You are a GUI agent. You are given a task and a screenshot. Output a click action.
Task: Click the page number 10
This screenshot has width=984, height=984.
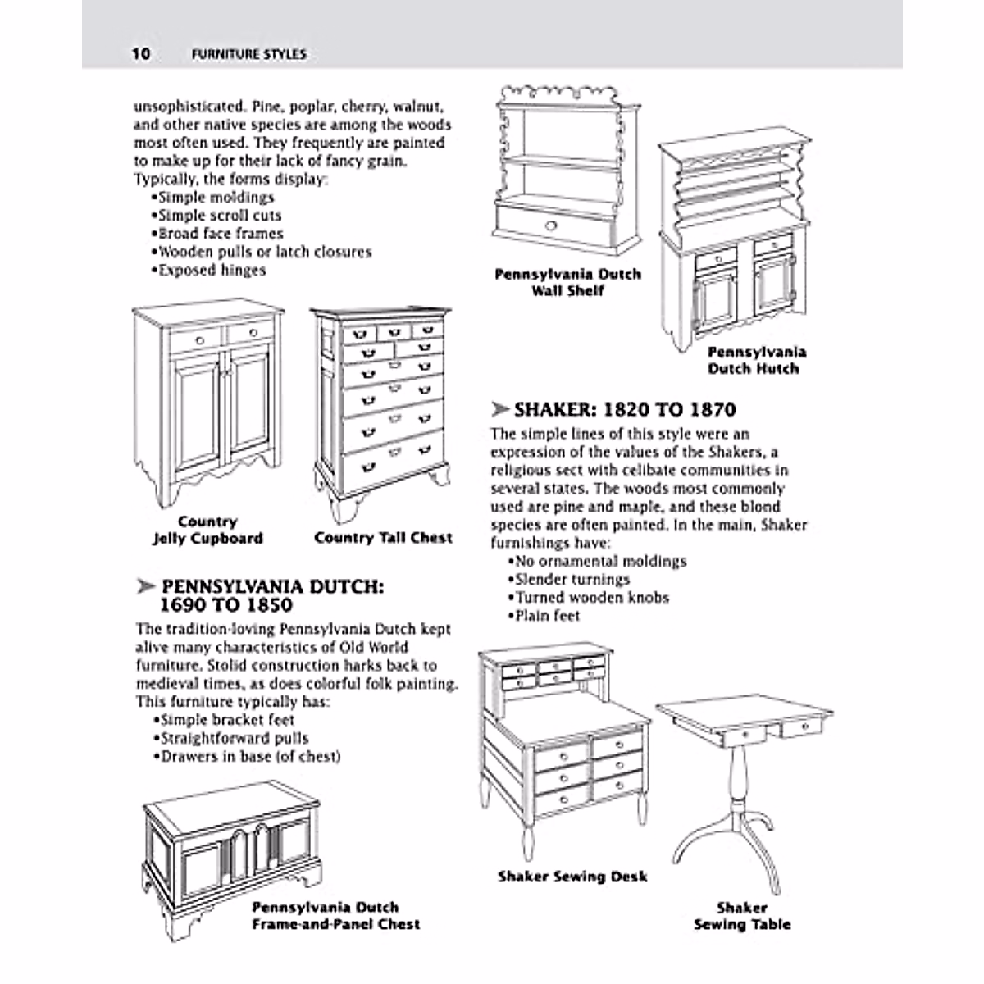[140, 54]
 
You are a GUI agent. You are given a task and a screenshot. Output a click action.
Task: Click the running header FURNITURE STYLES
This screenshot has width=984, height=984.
[248, 55]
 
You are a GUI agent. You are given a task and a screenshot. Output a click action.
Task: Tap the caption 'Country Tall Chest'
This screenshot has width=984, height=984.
[383, 538]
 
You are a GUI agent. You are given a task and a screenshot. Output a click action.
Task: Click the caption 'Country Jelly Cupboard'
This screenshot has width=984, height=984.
[207, 531]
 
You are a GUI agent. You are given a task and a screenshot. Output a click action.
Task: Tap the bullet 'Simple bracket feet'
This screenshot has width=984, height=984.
[223, 720]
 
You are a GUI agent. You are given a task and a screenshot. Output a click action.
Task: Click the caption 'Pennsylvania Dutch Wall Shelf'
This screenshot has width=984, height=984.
[567, 282]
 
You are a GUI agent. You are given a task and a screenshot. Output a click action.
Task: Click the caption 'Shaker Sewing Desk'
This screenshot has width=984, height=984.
[572, 877]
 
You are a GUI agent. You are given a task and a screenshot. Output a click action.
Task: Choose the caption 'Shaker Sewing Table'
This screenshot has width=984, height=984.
[742, 916]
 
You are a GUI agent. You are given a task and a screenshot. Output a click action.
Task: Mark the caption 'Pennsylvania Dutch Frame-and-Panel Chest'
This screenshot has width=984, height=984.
[335, 915]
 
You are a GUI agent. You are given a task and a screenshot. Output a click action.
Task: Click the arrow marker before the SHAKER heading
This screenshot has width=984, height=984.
[499, 409]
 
